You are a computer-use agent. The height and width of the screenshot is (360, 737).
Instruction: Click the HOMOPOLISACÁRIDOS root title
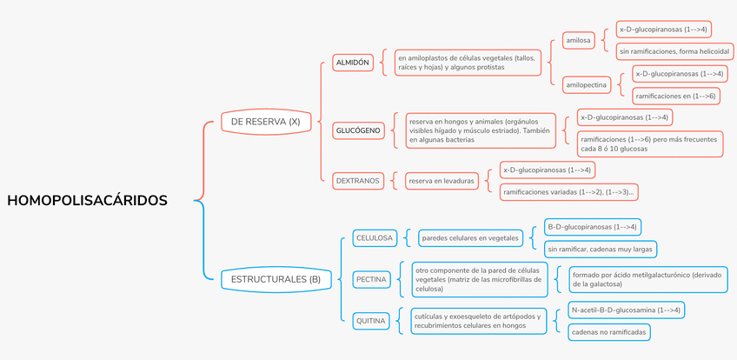[87, 200]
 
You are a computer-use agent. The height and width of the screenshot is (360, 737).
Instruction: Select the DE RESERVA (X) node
[265, 122]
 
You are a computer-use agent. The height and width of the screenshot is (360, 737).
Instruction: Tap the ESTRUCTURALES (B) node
[276, 279]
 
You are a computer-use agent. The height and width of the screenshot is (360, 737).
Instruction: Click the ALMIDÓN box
[352, 63]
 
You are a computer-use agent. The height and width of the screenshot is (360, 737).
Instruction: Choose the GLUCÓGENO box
[358, 130]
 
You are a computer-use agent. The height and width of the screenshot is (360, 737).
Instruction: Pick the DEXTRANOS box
[357, 181]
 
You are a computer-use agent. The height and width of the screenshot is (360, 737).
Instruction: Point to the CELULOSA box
[375, 237]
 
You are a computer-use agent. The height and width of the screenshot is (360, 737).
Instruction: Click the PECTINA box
[371, 280]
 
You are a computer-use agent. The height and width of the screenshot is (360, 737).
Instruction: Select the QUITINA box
[371, 321]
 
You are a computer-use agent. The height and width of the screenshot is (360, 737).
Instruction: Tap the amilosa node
[578, 40]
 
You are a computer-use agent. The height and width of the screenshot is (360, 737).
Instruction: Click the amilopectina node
[586, 85]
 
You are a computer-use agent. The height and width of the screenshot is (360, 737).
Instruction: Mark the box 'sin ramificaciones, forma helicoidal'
[668, 51]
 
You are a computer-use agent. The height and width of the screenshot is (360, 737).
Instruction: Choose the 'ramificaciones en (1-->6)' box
[674, 96]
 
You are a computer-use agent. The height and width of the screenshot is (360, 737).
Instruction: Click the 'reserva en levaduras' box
[442, 181]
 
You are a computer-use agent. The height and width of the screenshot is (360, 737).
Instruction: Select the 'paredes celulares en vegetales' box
[469, 237]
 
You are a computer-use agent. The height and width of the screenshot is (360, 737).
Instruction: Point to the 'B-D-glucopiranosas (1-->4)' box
[592, 227]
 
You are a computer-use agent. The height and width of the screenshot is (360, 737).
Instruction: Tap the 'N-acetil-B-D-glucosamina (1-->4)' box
[626, 310]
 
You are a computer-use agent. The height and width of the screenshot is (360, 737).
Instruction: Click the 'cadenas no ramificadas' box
[608, 331]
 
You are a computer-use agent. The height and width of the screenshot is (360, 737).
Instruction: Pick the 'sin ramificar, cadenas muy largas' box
[601, 249]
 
